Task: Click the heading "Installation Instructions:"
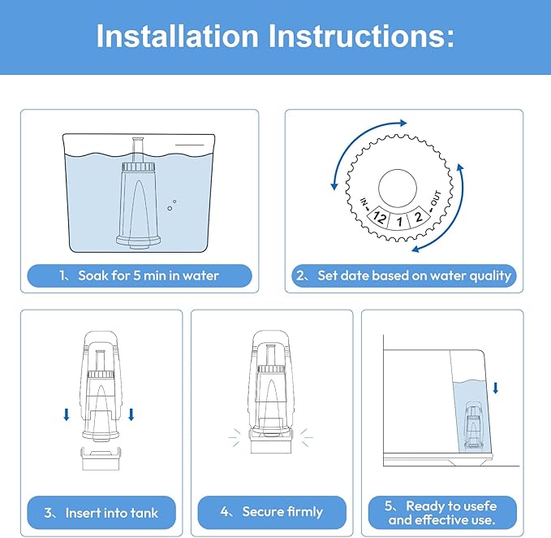tap(275, 36)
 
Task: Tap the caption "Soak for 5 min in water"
tap(140, 276)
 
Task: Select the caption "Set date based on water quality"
tap(404, 276)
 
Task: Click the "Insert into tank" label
tap(101, 512)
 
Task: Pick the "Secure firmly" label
tap(272, 512)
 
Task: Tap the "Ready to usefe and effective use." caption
tap(441, 512)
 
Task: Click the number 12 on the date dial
tap(378, 217)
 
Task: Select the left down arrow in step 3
tap(67, 415)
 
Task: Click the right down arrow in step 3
tap(131, 415)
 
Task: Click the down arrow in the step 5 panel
tap(496, 387)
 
